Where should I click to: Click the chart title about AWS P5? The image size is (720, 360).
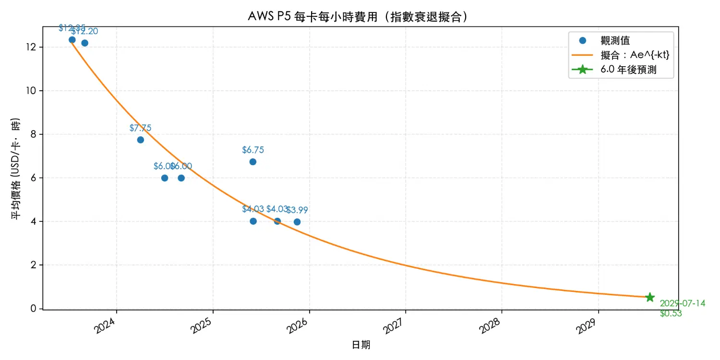coord(358,16)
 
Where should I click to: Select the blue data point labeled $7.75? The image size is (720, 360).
coord(140,140)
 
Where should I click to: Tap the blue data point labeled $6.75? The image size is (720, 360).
coord(252,162)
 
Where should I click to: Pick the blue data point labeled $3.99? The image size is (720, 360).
coord(297,222)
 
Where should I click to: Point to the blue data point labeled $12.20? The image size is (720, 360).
coord(84,43)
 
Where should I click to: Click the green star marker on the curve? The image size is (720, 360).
coord(650,297)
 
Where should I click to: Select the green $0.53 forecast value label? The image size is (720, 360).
coord(671,314)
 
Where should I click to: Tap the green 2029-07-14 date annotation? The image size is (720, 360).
coord(682,303)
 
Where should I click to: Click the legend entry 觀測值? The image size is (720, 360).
coord(615,41)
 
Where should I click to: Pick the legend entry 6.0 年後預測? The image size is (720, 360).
coord(628,70)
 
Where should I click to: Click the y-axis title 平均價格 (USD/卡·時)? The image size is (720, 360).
coord(16,168)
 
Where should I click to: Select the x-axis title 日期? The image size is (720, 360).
coord(361,345)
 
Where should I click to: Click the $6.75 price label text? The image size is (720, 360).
coord(252,150)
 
